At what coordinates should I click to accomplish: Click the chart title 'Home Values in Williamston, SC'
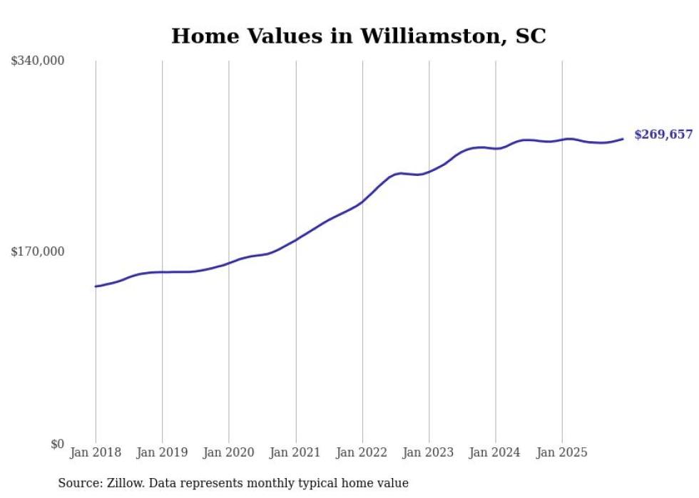coord(358,36)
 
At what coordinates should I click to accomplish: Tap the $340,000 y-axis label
coord(38,61)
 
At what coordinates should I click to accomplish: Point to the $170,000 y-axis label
coord(38,251)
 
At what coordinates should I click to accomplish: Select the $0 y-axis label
coord(57,445)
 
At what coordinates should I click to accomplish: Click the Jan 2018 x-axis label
coord(96,452)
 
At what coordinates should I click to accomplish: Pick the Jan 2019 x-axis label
coord(162,452)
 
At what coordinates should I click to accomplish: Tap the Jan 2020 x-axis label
coord(228,452)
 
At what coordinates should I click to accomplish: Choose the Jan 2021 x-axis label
coord(295,452)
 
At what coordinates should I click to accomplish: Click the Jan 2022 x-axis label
coord(362,452)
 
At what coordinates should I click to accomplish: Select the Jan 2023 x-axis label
coord(429,452)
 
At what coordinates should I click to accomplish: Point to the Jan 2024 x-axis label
coord(496,452)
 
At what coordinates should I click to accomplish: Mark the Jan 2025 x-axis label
coord(562,452)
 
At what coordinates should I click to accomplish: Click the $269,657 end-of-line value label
coord(663,135)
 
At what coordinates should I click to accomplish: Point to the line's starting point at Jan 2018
coord(96,286)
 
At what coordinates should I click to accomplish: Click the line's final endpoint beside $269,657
coord(623,139)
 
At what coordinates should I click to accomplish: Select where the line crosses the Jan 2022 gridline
coord(362,202)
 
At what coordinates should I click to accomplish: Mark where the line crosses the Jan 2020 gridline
coord(229,262)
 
